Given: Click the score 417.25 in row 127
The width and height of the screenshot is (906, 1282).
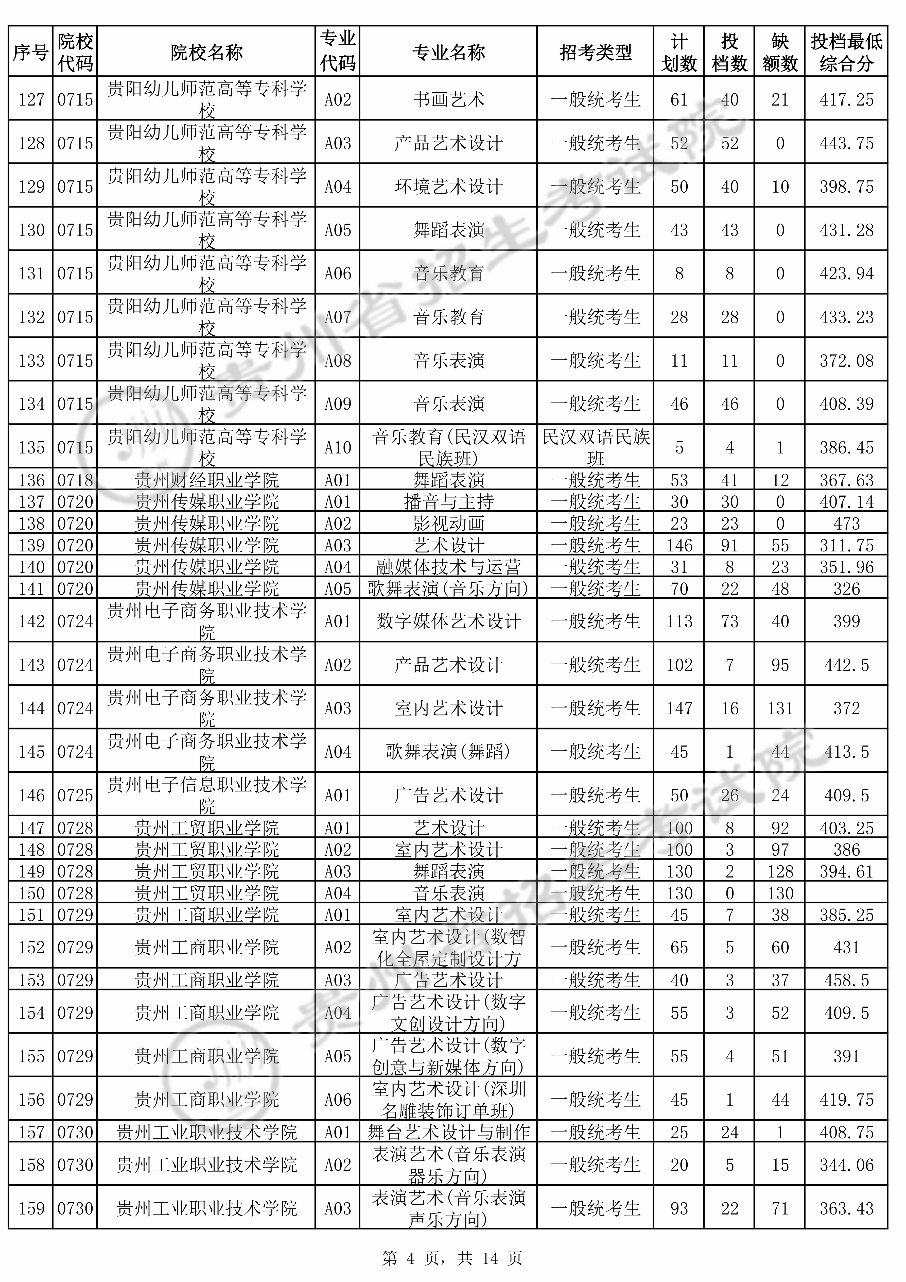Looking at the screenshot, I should [846, 100].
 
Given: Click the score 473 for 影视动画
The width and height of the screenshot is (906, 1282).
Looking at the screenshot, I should [846, 524].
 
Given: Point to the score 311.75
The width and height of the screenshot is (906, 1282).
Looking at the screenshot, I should [846, 546].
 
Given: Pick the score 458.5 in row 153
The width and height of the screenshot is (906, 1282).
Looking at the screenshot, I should [846, 980].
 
